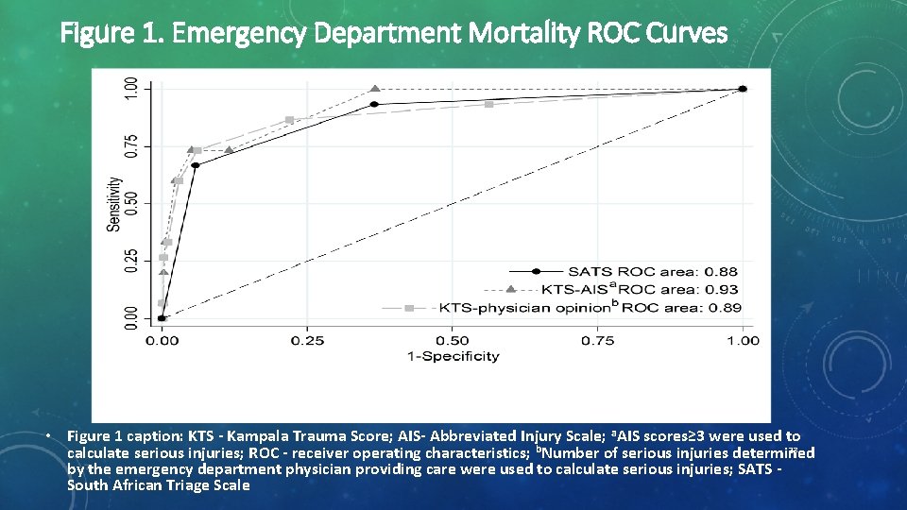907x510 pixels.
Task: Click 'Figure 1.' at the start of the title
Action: tap(114, 34)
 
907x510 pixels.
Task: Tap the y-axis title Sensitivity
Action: tap(113, 204)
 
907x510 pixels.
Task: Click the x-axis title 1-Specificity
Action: tap(453, 356)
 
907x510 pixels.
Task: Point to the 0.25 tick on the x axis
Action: tap(308, 340)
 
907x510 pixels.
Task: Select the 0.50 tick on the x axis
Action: tap(453, 340)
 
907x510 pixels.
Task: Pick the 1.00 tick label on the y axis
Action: tap(131, 89)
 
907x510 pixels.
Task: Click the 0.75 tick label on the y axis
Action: tap(131, 145)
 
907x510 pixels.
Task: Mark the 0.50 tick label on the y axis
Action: tap(131, 203)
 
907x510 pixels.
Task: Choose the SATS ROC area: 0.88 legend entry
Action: tap(653, 272)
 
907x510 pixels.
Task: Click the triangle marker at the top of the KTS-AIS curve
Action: tap(375, 89)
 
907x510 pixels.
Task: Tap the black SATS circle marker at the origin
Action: tap(162, 318)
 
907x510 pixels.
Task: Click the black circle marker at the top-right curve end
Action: tap(743, 89)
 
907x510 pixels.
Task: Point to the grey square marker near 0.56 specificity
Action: tap(488, 104)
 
